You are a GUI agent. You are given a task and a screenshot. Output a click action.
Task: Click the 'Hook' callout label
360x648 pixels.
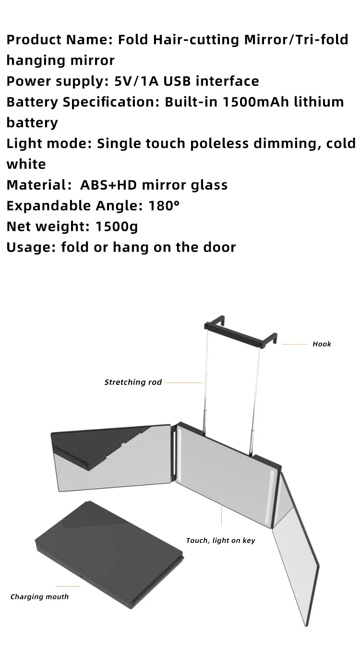tap(322, 344)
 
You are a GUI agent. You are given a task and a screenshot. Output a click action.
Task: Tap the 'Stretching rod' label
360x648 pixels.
tap(133, 382)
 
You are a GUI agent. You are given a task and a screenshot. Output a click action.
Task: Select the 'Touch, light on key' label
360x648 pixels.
tap(220, 540)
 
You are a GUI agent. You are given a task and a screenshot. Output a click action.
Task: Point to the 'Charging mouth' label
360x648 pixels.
tap(39, 597)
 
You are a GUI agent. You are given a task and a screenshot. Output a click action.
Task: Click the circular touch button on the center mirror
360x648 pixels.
tap(222, 499)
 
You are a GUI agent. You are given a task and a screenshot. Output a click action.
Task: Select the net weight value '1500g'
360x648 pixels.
tap(117, 226)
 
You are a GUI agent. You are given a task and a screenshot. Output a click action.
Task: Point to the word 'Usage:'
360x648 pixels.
tap(31, 247)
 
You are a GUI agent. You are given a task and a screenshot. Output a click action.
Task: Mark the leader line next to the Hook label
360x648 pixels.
tap(294, 344)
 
